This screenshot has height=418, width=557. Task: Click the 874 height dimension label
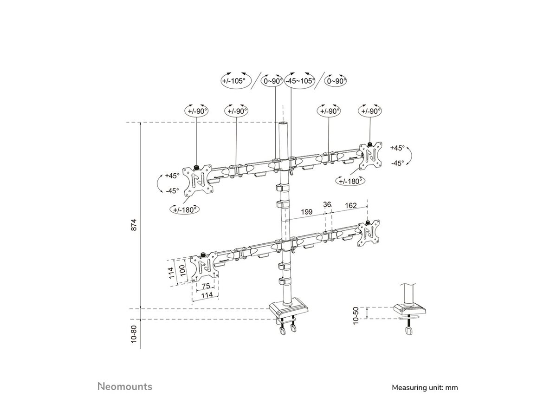coord(134,225)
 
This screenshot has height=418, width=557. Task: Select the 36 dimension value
coord(327,205)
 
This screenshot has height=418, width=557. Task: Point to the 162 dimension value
coord(351,205)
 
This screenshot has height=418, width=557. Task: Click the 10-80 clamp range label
coord(134,334)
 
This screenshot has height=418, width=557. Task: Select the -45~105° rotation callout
coord(300,81)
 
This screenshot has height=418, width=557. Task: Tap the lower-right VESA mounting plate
coord(369,234)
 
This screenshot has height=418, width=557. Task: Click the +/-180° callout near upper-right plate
coord(350,181)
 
